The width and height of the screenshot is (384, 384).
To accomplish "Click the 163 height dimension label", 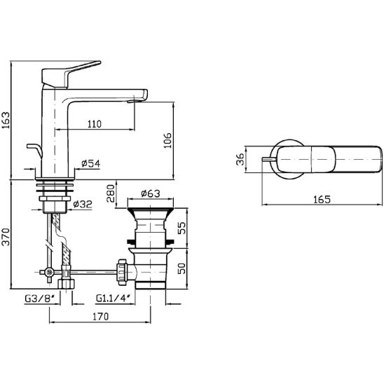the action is [6, 120].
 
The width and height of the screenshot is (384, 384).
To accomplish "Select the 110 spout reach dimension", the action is [95, 124].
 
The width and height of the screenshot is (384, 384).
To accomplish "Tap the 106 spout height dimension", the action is [167, 140].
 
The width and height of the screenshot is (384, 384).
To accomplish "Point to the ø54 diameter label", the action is [91, 163].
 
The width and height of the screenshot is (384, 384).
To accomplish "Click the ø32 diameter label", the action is [83, 204].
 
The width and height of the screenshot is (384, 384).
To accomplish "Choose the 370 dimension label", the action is [6, 237].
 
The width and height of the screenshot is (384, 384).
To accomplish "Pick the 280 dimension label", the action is [111, 193].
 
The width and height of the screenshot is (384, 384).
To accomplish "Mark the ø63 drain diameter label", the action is [151, 193].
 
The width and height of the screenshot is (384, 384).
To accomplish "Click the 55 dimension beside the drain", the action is [181, 228].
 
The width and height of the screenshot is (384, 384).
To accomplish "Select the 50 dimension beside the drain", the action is [181, 268].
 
